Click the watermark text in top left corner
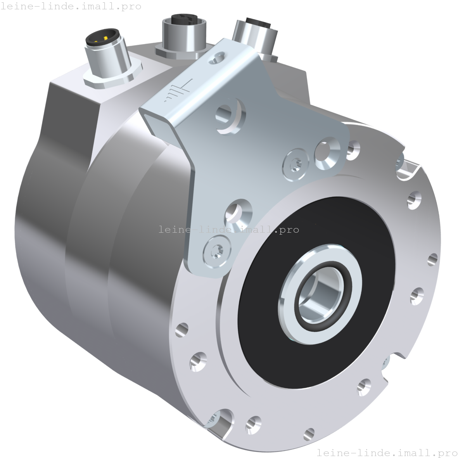click(x=71, y=7)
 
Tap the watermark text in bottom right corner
click(x=387, y=453)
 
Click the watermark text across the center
click(x=229, y=230)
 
